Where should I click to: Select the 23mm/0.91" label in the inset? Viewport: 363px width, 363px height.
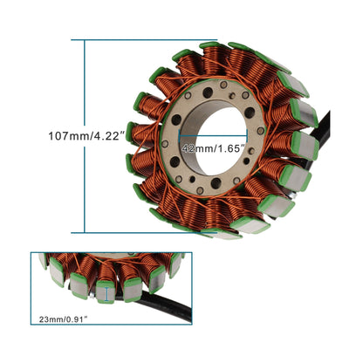tap(64, 318)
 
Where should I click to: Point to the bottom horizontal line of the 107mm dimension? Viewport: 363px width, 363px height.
tap(122, 233)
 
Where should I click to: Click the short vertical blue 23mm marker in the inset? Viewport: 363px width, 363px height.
tap(106, 295)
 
